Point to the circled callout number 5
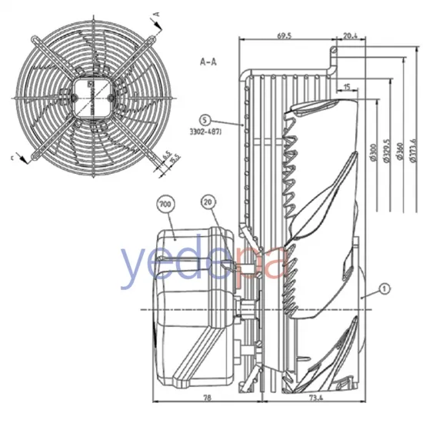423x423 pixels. pos(203,120)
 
